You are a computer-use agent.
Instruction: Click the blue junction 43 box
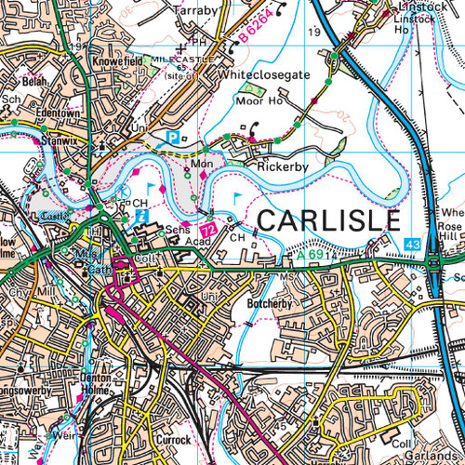point(412,244)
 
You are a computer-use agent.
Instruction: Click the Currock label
point(172,440)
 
